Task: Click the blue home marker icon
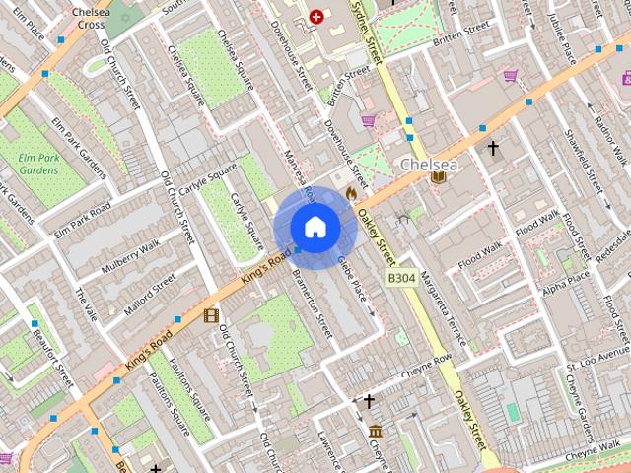pos(315,228)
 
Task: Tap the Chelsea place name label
pos(429,164)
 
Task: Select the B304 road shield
pos(400,279)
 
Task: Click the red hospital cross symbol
pos(316,17)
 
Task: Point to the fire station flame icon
pos(350,194)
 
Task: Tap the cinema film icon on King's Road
pos(210,315)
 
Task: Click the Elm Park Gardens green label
pos(38,163)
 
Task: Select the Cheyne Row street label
pos(427,364)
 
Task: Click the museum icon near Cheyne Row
pos(376,431)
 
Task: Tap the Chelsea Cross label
pos(90,18)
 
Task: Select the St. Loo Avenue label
pos(598,360)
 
